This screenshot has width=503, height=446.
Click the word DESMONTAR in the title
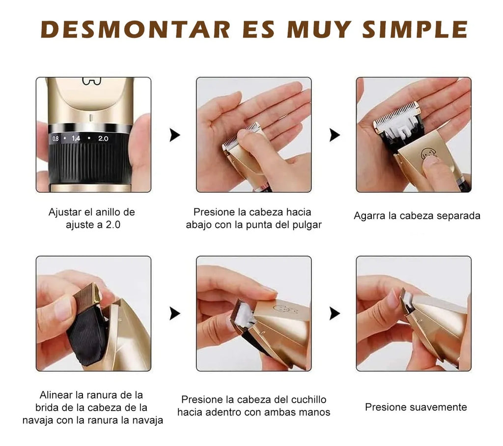135,30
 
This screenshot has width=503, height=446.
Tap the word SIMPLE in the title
415,30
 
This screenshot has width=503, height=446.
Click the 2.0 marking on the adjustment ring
103,139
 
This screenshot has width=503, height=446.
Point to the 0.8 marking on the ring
55,139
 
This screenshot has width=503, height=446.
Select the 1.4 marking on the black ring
76,139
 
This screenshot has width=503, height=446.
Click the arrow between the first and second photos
174,135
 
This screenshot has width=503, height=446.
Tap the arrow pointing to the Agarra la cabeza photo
335,135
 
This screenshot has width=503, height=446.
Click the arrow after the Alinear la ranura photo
174,313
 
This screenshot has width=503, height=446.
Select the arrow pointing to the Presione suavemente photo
335,313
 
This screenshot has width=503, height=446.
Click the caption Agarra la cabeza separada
417,216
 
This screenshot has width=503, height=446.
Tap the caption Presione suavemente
416,407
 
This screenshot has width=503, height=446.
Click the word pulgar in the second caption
307,225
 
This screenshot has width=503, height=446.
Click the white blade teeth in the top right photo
396,114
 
